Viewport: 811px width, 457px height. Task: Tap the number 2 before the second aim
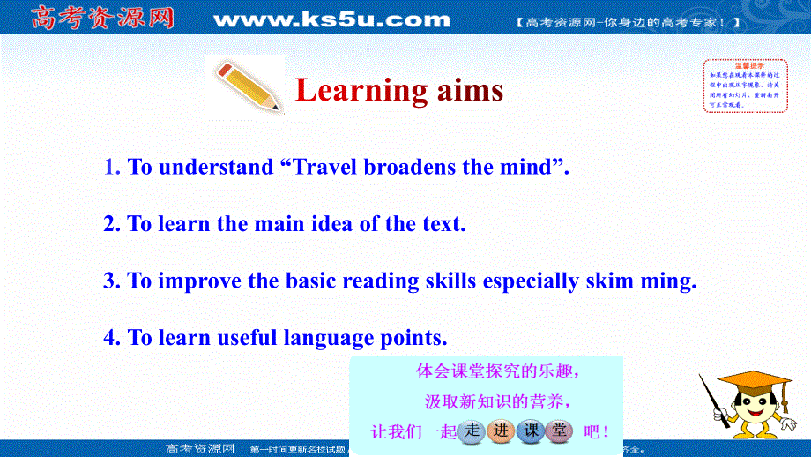tap(110, 224)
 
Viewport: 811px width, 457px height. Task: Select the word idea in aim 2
tap(332, 224)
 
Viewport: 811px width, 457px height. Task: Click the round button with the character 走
tap(472, 431)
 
